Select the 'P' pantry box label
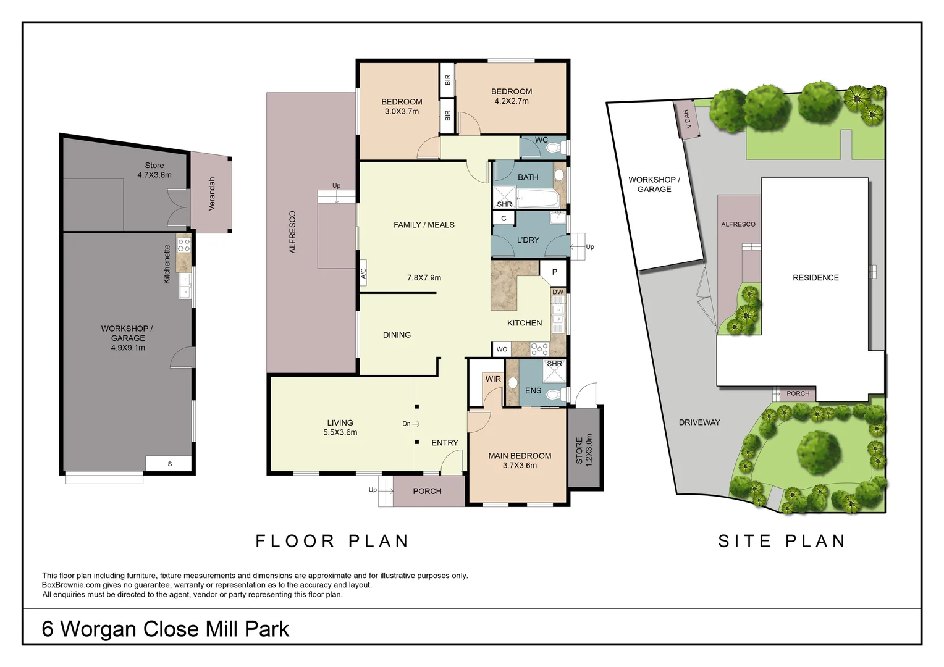click(554, 272)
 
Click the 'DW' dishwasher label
click(558, 292)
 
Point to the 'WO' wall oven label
click(502, 350)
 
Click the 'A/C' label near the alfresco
click(363, 272)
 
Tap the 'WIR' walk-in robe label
click(493, 379)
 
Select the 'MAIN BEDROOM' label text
click(520, 456)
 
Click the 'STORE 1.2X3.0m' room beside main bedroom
click(584, 448)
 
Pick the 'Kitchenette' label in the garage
click(167, 264)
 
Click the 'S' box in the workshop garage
click(170, 464)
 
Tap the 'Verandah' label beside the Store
click(211, 194)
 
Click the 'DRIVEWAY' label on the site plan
click(699, 422)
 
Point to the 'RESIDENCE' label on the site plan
click(815, 278)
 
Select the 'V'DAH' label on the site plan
click(686, 119)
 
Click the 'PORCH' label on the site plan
click(798, 393)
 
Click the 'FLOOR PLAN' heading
click(332, 541)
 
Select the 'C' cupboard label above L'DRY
click(504, 219)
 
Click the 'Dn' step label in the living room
click(407, 424)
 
